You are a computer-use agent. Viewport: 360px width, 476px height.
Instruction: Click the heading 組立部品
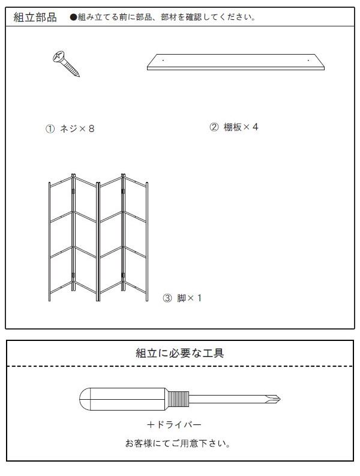coord(35,17)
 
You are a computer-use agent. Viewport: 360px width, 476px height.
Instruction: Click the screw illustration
coord(66,64)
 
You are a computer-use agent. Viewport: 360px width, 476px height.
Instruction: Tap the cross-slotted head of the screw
coord(59,57)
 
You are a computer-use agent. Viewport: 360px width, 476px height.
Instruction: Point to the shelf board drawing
coord(236,62)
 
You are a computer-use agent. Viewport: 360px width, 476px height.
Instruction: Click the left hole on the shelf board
coord(163,60)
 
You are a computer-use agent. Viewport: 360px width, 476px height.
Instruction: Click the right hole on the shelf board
coord(308,60)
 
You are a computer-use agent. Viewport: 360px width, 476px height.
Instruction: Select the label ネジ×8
coord(77,128)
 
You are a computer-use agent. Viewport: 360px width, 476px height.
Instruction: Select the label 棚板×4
coord(241,127)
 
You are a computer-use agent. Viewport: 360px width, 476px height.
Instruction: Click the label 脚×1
coord(189,298)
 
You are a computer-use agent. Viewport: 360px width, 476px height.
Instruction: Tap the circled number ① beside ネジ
coord(50,128)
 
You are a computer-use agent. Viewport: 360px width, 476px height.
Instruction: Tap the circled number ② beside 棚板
coord(214,127)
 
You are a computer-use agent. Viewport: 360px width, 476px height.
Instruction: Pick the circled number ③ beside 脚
coord(167,298)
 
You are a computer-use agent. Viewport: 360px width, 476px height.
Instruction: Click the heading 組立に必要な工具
coord(179,353)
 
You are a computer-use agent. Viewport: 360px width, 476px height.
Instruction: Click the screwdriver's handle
coord(122,399)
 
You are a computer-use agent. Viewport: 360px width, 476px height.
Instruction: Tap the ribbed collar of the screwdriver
coord(178,399)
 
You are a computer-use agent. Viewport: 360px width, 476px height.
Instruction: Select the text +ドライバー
coord(174,424)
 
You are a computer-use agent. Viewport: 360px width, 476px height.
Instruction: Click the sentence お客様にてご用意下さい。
coord(178,444)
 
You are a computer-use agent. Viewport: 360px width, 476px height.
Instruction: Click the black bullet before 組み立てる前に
coord(73,17)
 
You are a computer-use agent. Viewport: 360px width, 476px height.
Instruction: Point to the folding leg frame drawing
coord(98,237)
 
